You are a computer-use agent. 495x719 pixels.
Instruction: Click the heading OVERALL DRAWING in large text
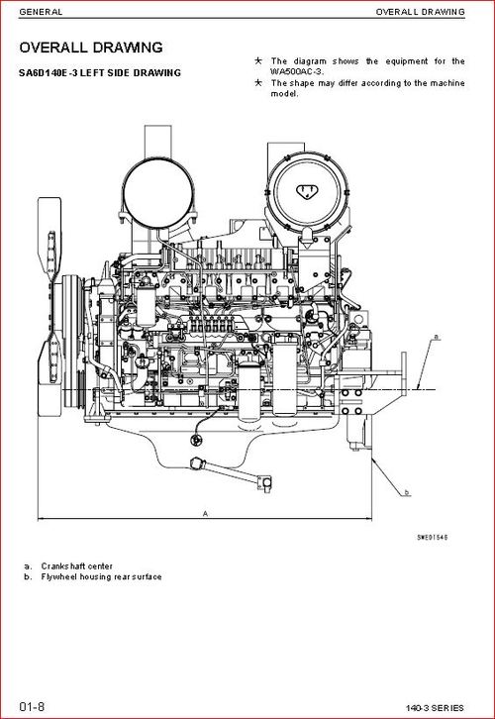point(91,48)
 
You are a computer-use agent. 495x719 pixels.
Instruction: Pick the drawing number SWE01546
point(432,536)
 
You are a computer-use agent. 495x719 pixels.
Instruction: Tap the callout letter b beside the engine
point(407,492)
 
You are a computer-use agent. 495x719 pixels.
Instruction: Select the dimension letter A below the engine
point(204,514)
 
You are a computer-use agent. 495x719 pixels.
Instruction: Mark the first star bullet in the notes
point(258,60)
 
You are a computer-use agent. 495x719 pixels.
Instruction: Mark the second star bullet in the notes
point(258,82)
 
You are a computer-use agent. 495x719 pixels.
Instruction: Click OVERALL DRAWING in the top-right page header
point(420,12)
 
